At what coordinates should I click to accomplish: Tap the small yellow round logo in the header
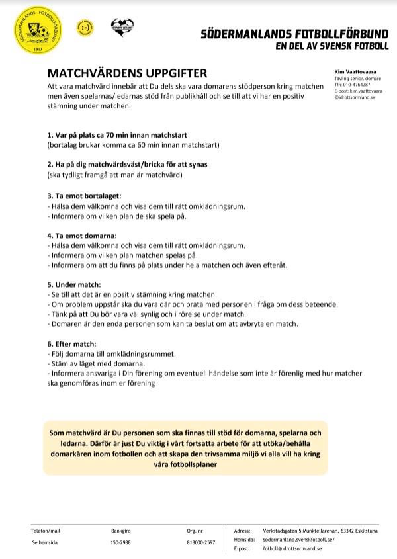84,28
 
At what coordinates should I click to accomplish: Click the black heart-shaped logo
122,28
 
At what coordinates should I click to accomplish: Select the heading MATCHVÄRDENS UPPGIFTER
127,73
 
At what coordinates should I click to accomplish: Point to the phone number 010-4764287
361,85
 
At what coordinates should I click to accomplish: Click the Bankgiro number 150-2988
120,542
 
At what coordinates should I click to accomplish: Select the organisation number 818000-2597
200,542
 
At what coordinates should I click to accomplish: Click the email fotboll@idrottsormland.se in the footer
292,549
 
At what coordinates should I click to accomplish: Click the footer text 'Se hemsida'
44,542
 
